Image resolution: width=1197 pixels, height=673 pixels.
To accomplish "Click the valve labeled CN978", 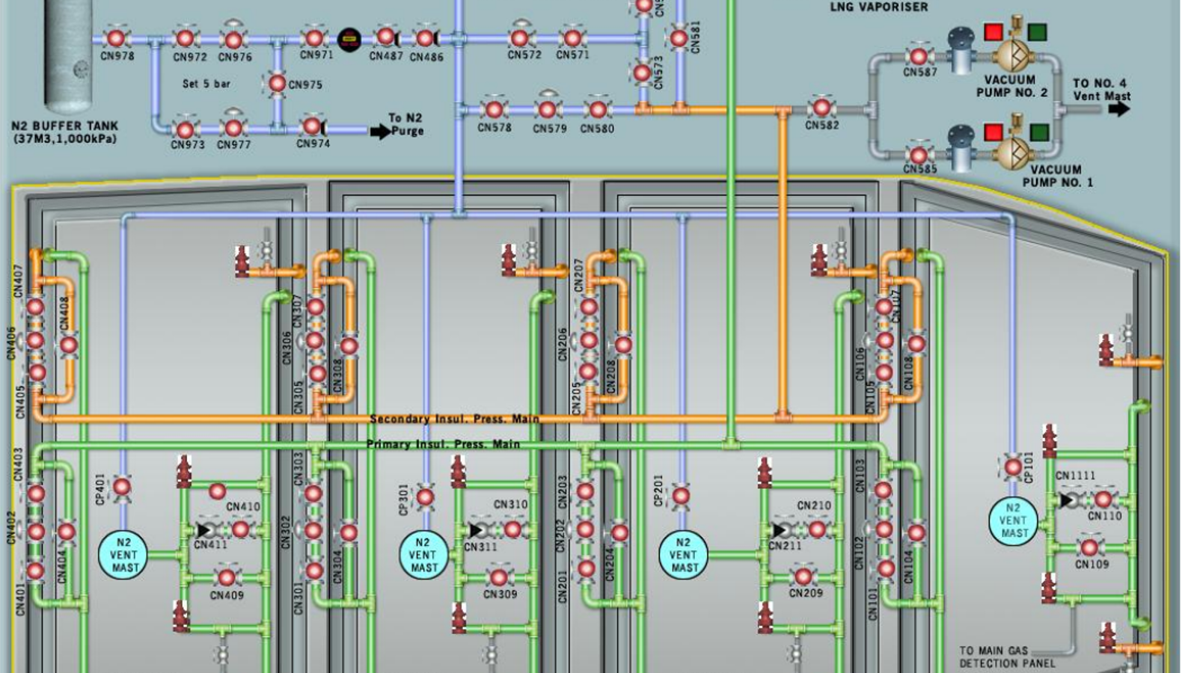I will click(x=116, y=37).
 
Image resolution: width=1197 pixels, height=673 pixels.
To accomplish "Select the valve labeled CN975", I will click(x=277, y=83).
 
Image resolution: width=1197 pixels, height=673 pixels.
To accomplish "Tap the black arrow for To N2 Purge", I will click(x=380, y=132).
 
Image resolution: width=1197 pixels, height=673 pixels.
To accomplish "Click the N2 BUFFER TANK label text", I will click(x=64, y=132).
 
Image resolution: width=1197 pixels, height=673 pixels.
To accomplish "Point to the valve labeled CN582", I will click(x=821, y=108).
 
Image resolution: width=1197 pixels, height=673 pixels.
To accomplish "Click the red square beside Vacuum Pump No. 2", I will click(x=993, y=32).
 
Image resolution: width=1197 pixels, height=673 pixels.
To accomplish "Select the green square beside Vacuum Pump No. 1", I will click(x=1038, y=133).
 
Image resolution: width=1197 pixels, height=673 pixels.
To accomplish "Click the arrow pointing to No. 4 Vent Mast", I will click(x=1118, y=108).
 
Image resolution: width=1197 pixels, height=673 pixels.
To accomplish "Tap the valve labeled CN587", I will click(x=919, y=56).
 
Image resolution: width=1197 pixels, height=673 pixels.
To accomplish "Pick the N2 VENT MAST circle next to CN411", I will click(x=124, y=555).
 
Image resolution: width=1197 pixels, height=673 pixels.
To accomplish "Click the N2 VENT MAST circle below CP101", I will click(x=1013, y=520).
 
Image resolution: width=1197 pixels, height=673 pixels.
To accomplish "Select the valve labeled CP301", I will click(x=425, y=497).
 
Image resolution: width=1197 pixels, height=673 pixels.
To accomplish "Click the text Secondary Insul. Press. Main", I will click(x=454, y=419).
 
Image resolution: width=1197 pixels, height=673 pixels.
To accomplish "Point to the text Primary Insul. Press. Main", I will click(x=443, y=444).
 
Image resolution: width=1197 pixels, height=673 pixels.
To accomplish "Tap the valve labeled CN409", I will click(x=227, y=577).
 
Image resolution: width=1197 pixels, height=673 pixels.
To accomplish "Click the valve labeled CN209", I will click(x=803, y=577).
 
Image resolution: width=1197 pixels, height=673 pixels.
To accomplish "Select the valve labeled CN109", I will click(x=1089, y=547).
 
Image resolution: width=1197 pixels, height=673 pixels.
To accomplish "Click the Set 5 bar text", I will click(x=206, y=84).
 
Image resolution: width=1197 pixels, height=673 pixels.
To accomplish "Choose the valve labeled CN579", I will click(x=548, y=110).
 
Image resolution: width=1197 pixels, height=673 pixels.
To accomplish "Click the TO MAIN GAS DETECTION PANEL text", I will click(x=1007, y=657).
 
